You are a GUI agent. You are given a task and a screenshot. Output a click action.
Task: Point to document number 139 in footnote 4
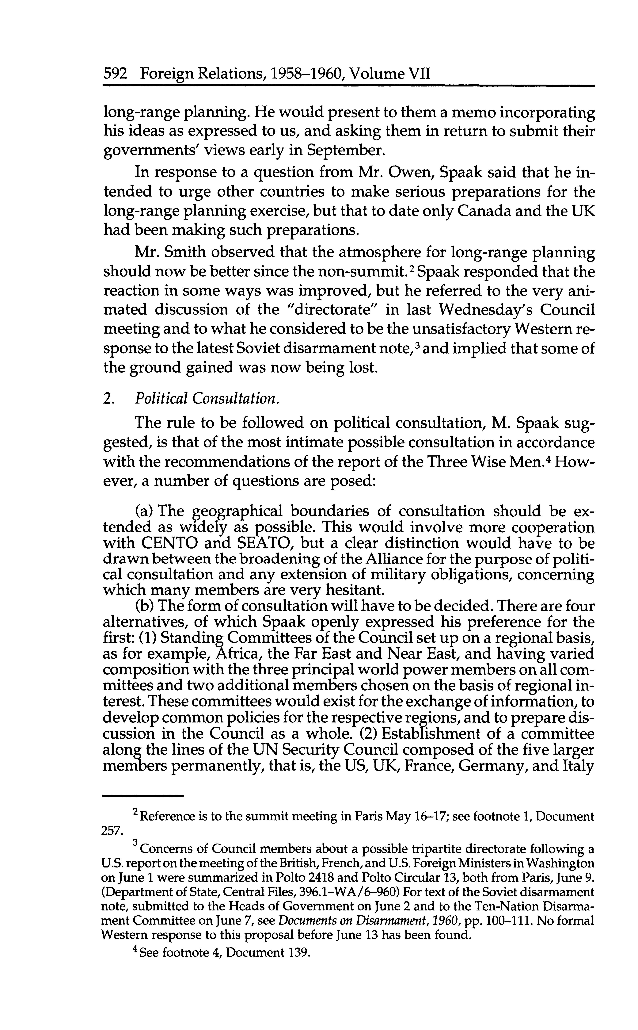[x=297, y=953]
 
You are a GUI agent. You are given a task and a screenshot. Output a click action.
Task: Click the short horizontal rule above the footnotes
[x=143, y=796]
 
